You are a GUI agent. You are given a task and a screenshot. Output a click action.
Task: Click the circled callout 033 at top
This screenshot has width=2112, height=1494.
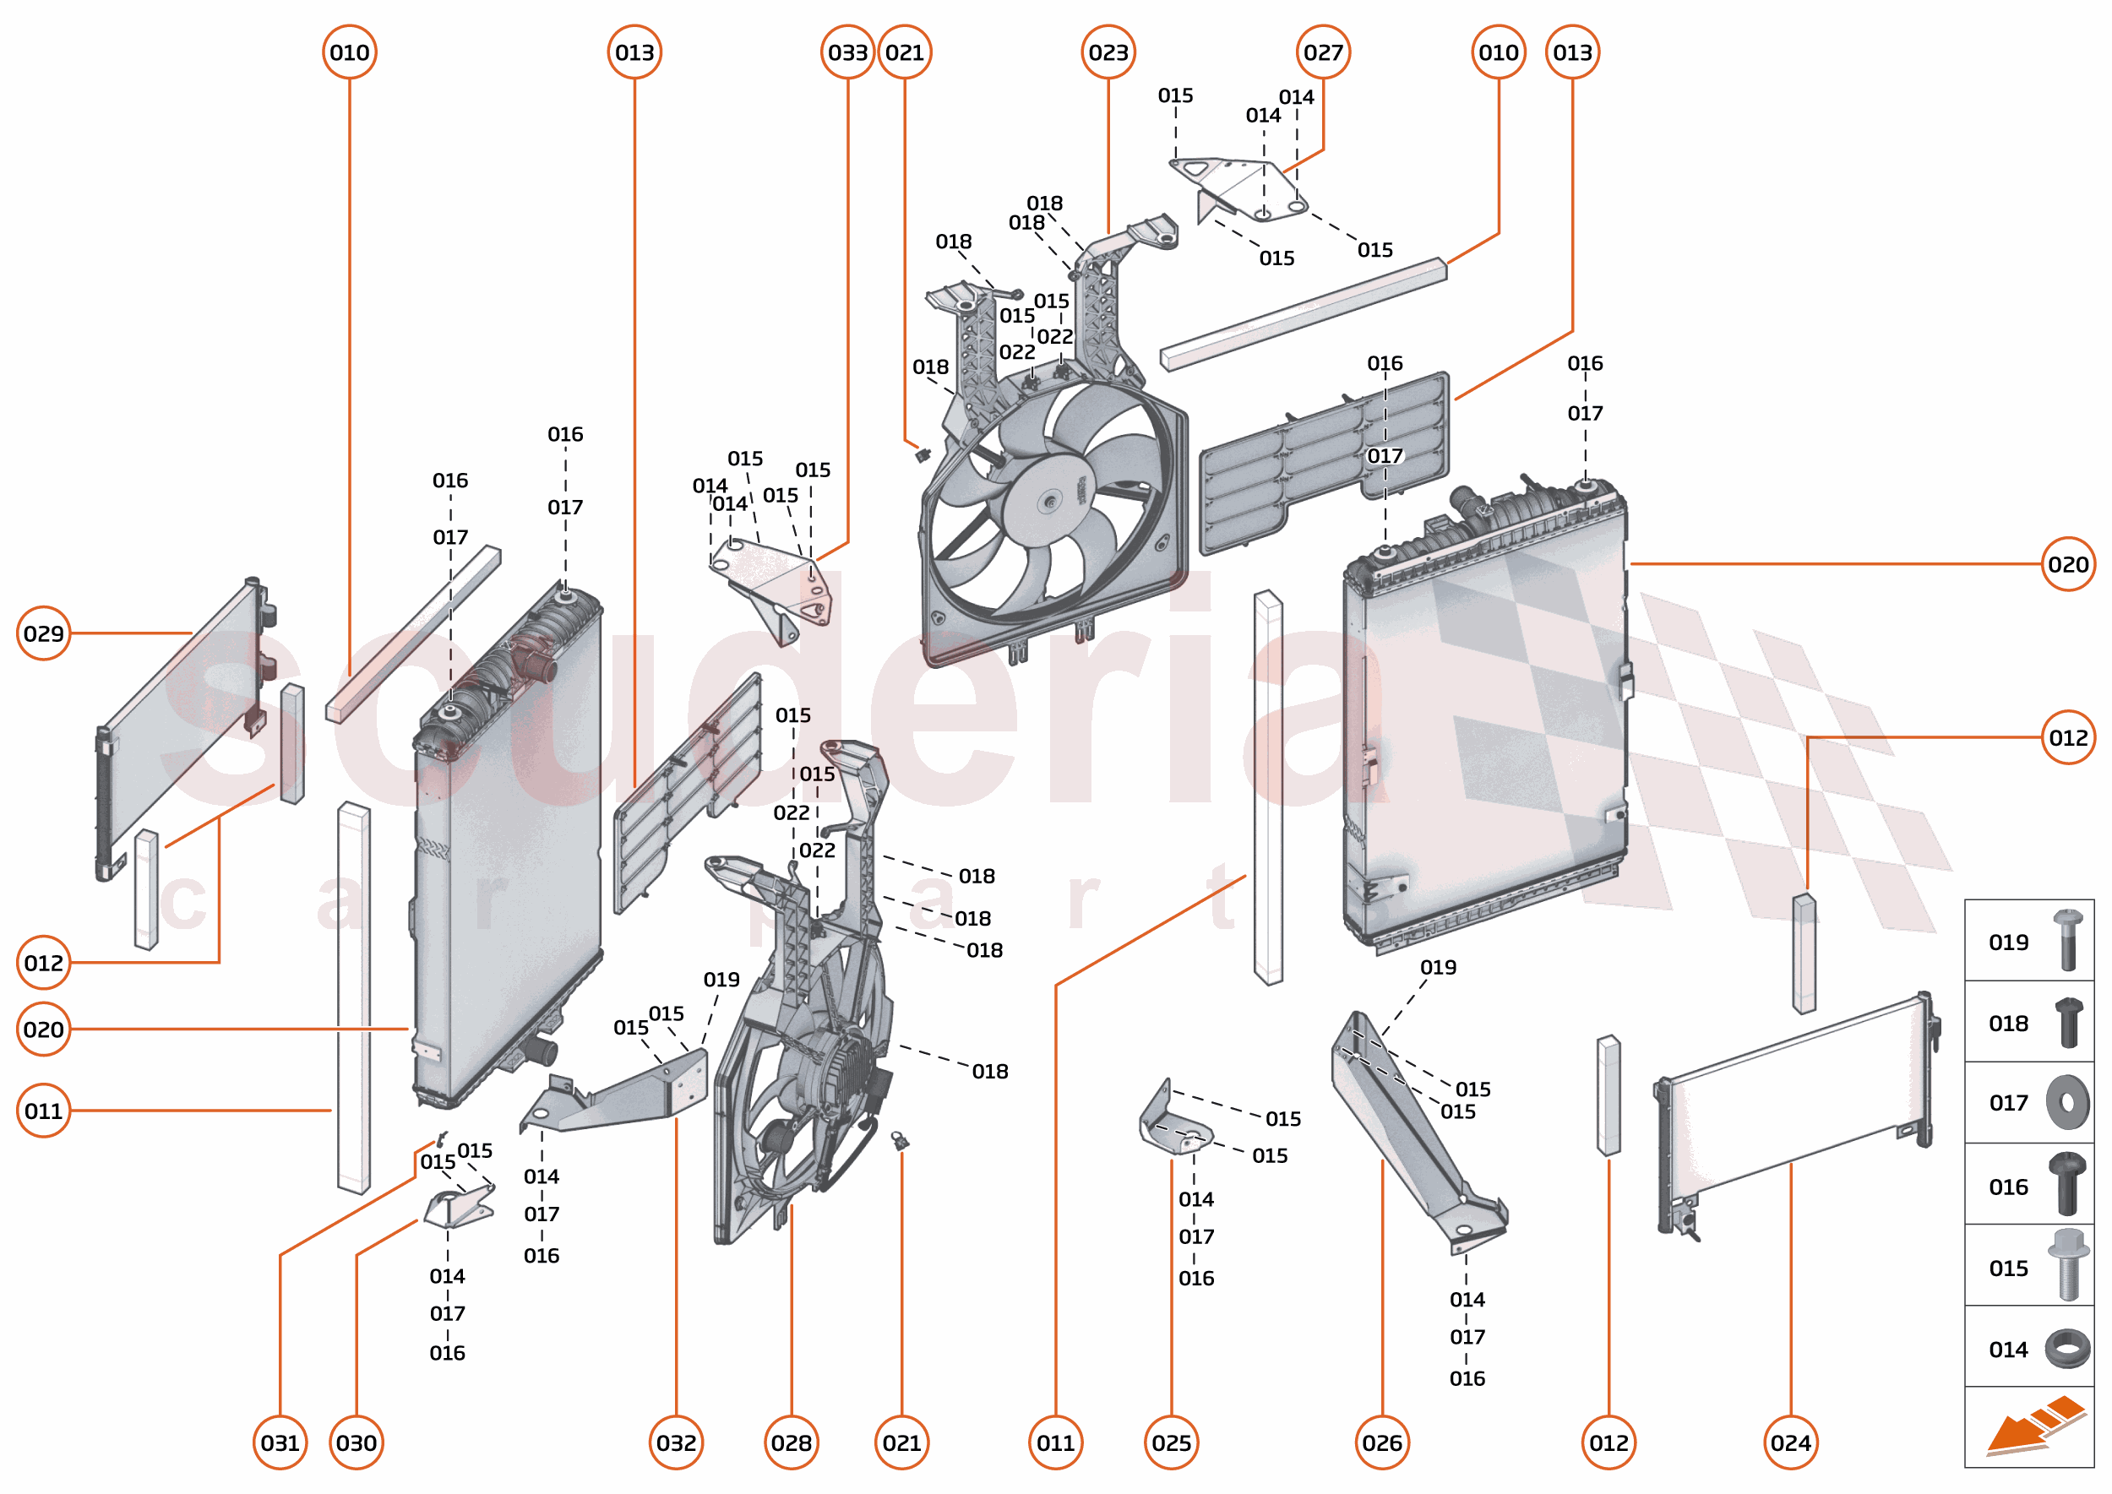click(846, 52)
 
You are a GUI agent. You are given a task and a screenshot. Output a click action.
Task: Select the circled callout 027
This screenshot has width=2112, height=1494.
click(1322, 52)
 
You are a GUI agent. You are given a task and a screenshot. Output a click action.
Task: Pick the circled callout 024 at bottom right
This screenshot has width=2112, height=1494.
click(1790, 1442)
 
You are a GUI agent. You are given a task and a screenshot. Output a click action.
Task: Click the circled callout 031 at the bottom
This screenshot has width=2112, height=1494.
click(280, 1442)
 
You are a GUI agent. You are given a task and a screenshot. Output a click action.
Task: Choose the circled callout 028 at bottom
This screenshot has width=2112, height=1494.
click(791, 1442)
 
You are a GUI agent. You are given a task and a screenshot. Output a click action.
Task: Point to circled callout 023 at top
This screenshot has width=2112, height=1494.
click(1108, 52)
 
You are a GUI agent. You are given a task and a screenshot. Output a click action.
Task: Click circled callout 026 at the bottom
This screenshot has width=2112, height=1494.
click(1381, 1442)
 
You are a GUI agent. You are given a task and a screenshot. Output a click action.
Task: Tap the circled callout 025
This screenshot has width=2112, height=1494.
click(1171, 1442)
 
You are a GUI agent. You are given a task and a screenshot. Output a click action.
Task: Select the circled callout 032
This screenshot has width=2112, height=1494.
click(676, 1442)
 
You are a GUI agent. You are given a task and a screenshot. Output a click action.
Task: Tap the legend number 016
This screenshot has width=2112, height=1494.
click(2008, 1187)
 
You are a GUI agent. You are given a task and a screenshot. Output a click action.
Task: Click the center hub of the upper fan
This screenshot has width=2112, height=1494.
click(1048, 503)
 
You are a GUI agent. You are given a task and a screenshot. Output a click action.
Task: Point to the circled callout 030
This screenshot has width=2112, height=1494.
click(357, 1442)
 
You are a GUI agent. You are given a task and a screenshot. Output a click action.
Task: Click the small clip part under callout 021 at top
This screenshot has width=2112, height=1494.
click(923, 454)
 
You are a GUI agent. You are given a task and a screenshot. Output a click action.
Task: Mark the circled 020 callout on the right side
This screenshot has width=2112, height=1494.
click(2068, 564)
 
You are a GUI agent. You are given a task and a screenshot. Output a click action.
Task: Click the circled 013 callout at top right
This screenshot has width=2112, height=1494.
click(1572, 52)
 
